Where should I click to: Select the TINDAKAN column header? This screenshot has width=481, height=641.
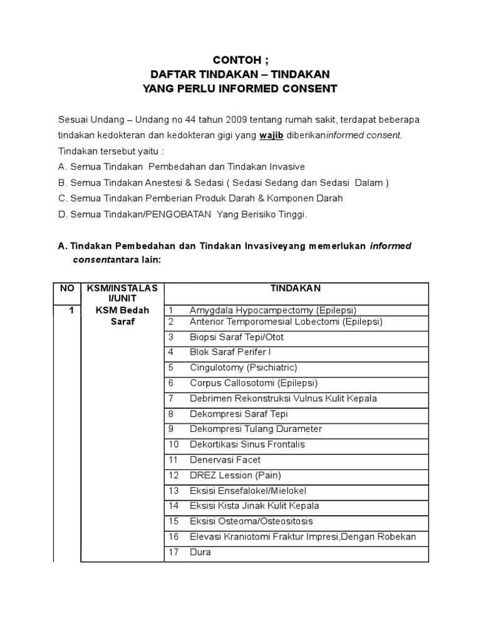(296, 289)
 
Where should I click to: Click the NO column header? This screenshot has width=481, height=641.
(66, 289)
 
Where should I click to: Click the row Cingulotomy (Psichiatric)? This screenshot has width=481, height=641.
(243, 367)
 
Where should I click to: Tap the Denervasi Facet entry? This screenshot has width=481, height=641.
(225, 459)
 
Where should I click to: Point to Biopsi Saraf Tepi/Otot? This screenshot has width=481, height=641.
(236, 337)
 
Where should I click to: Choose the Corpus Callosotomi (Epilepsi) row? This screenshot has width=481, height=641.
(254, 383)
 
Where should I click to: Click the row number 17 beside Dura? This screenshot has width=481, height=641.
(173, 552)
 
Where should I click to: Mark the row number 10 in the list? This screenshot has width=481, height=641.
(173, 444)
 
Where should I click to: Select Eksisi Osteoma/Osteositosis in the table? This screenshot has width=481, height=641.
(251, 521)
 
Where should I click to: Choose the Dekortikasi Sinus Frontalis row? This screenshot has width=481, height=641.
(247, 444)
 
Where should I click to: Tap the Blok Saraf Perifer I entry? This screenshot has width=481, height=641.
(230, 352)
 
